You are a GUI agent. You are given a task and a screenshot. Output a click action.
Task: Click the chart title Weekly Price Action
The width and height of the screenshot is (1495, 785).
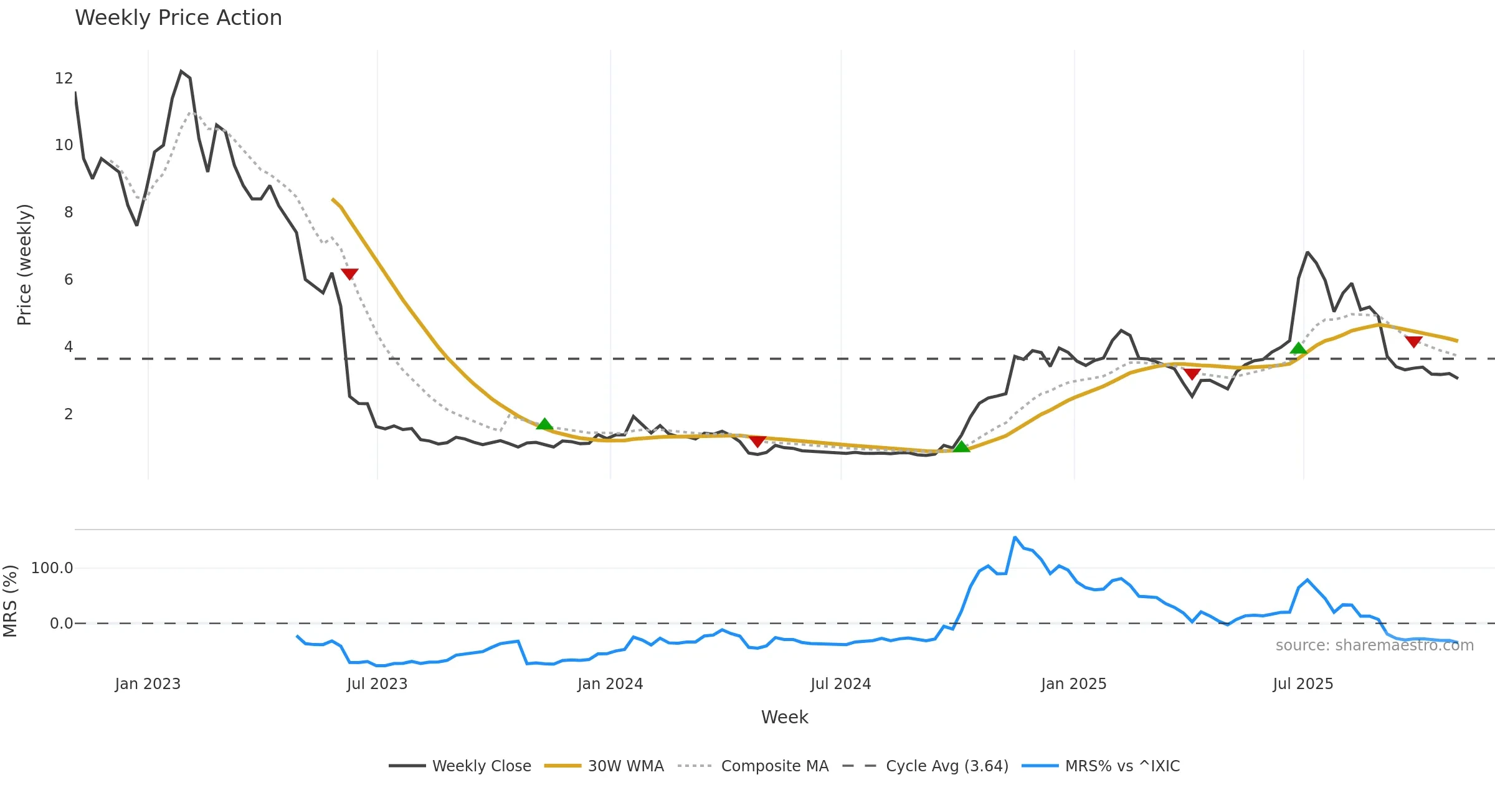click(x=178, y=18)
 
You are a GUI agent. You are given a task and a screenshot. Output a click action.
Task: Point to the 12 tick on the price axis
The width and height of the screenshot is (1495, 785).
click(x=64, y=78)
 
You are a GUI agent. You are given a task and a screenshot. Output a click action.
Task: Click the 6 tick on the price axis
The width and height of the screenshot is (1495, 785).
click(x=68, y=280)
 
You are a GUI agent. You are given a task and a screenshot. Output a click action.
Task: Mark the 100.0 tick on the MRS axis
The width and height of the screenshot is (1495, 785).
click(x=52, y=568)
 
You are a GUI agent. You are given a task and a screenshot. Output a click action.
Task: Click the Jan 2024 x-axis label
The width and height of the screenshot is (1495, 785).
click(x=610, y=684)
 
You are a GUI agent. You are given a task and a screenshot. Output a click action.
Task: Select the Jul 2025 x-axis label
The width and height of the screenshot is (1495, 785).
click(x=1303, y=684)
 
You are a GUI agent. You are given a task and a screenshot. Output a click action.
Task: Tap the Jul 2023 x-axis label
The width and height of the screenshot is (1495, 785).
click(x=377, y=684)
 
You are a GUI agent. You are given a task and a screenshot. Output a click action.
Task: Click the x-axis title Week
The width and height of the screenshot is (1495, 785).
click(x=784, y=718)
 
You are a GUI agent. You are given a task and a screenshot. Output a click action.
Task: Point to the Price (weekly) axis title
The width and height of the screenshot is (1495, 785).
click(x=24, y=265)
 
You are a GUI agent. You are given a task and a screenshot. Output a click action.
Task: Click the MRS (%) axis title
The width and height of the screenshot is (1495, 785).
click(x=11, y=601)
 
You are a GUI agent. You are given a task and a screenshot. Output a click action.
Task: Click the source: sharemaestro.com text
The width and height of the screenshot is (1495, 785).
click(x=1374, y=645)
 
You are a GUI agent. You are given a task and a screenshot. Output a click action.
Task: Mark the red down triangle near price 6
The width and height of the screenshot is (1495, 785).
click(x=349, y=274)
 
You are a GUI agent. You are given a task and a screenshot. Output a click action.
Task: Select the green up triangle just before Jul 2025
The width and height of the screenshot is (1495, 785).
click(x=1298, y=348)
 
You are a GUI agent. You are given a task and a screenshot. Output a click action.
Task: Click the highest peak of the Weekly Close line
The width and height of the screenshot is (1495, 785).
click(x=181, y=71)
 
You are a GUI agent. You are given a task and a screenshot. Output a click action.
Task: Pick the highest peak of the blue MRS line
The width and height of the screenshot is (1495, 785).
click(x=1015, y=537)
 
